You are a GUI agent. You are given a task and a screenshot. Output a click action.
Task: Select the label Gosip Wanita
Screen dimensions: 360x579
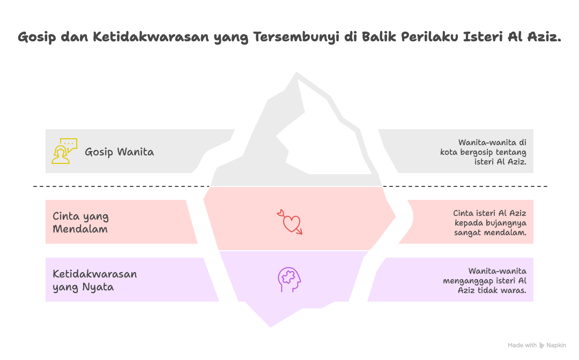(119, 152)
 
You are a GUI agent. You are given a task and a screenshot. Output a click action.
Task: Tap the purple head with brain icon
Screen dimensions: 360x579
(289, 280)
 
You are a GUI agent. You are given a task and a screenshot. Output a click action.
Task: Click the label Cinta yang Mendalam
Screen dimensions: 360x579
(80, 223)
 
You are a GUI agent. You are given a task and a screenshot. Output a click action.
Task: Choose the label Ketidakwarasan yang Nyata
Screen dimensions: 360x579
(94, 281)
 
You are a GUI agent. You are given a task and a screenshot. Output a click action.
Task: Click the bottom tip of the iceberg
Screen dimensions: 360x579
(270, 326)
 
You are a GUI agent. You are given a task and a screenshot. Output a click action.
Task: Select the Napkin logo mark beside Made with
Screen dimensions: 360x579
(542, 346)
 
